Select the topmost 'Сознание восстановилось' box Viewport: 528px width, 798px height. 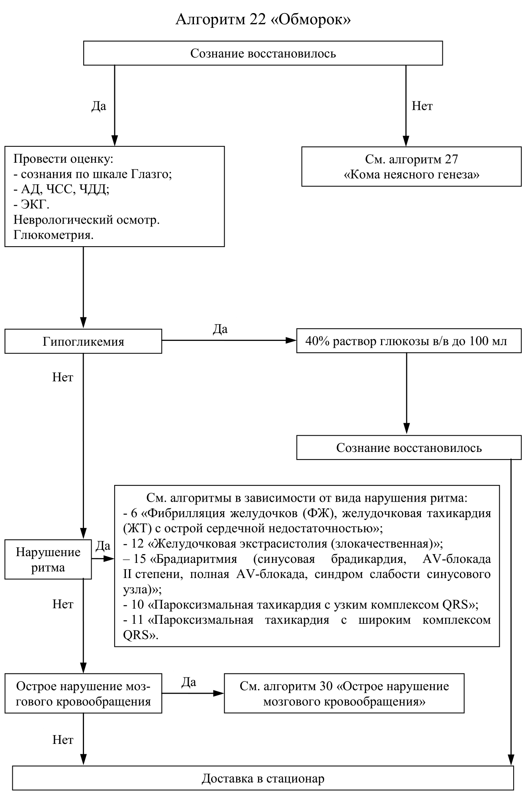pos(263,53)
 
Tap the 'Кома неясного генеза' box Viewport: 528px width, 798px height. pos(411,167)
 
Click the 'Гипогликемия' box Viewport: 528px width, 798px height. pos(83,341)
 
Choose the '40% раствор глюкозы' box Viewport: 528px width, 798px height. pos(409,341)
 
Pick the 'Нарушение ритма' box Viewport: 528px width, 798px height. pos(48,559)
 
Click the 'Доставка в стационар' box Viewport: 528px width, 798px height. pos(263,778)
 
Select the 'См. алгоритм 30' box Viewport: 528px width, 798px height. pos(344,693)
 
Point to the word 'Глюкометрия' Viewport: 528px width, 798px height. pos(53,235)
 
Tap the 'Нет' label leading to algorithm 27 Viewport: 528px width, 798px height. pos(422,106)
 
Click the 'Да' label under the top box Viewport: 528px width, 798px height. pos(99,106)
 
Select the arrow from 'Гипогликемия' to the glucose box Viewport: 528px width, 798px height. pos(229,341)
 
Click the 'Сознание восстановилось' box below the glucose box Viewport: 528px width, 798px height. pos(409,448)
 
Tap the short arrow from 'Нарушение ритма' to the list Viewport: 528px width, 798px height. pos(103,559)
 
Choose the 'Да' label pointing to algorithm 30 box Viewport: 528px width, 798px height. pos(189,682)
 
